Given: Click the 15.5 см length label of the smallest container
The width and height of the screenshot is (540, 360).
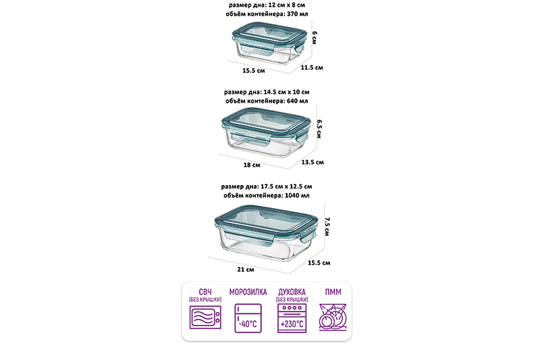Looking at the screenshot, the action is click(254, 71).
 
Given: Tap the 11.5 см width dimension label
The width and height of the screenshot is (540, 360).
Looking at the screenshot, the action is click(312, 68).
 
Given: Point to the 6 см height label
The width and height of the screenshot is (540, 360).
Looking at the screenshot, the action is click(315, 38).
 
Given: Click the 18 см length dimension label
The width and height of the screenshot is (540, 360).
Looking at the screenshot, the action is click(252, 165).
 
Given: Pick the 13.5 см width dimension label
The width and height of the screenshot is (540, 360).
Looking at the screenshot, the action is click(313, 162).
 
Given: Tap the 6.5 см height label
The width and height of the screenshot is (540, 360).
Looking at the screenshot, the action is click(319, 129).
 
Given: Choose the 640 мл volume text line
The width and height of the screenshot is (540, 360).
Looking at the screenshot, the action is click(267, 101).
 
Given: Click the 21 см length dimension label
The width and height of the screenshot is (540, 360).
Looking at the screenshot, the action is click(246, 269).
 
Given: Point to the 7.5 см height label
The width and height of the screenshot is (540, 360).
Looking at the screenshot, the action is click(327, 226).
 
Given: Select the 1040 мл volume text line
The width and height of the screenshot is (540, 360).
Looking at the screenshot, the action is click(267, 195).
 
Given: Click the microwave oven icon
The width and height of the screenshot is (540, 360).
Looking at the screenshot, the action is click(205, 317).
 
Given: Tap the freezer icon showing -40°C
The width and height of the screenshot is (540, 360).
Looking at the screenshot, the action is click(248, 318).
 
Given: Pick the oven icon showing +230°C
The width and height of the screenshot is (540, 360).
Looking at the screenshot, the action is click(292, 318).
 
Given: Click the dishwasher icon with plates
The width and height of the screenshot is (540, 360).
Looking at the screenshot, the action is click(333, 317).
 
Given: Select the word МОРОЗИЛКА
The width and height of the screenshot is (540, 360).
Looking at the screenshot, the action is click(248, 292).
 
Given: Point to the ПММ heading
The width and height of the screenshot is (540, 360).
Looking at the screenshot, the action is click(333, 292).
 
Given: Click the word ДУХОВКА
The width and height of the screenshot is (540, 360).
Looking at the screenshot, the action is click(292, 292).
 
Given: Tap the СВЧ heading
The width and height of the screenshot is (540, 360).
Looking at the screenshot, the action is click(205, 292).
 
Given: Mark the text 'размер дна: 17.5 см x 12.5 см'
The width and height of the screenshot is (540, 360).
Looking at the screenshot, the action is click(267, 186).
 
